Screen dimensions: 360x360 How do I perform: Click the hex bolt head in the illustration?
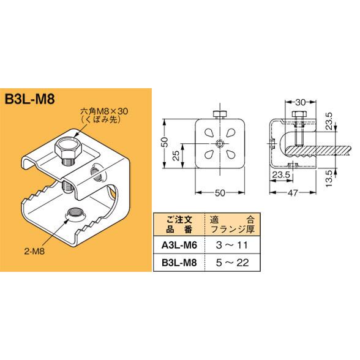click(66, 149)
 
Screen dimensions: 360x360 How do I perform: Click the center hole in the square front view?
click(219, 145)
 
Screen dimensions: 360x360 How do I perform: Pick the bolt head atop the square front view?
click(219, 114)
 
